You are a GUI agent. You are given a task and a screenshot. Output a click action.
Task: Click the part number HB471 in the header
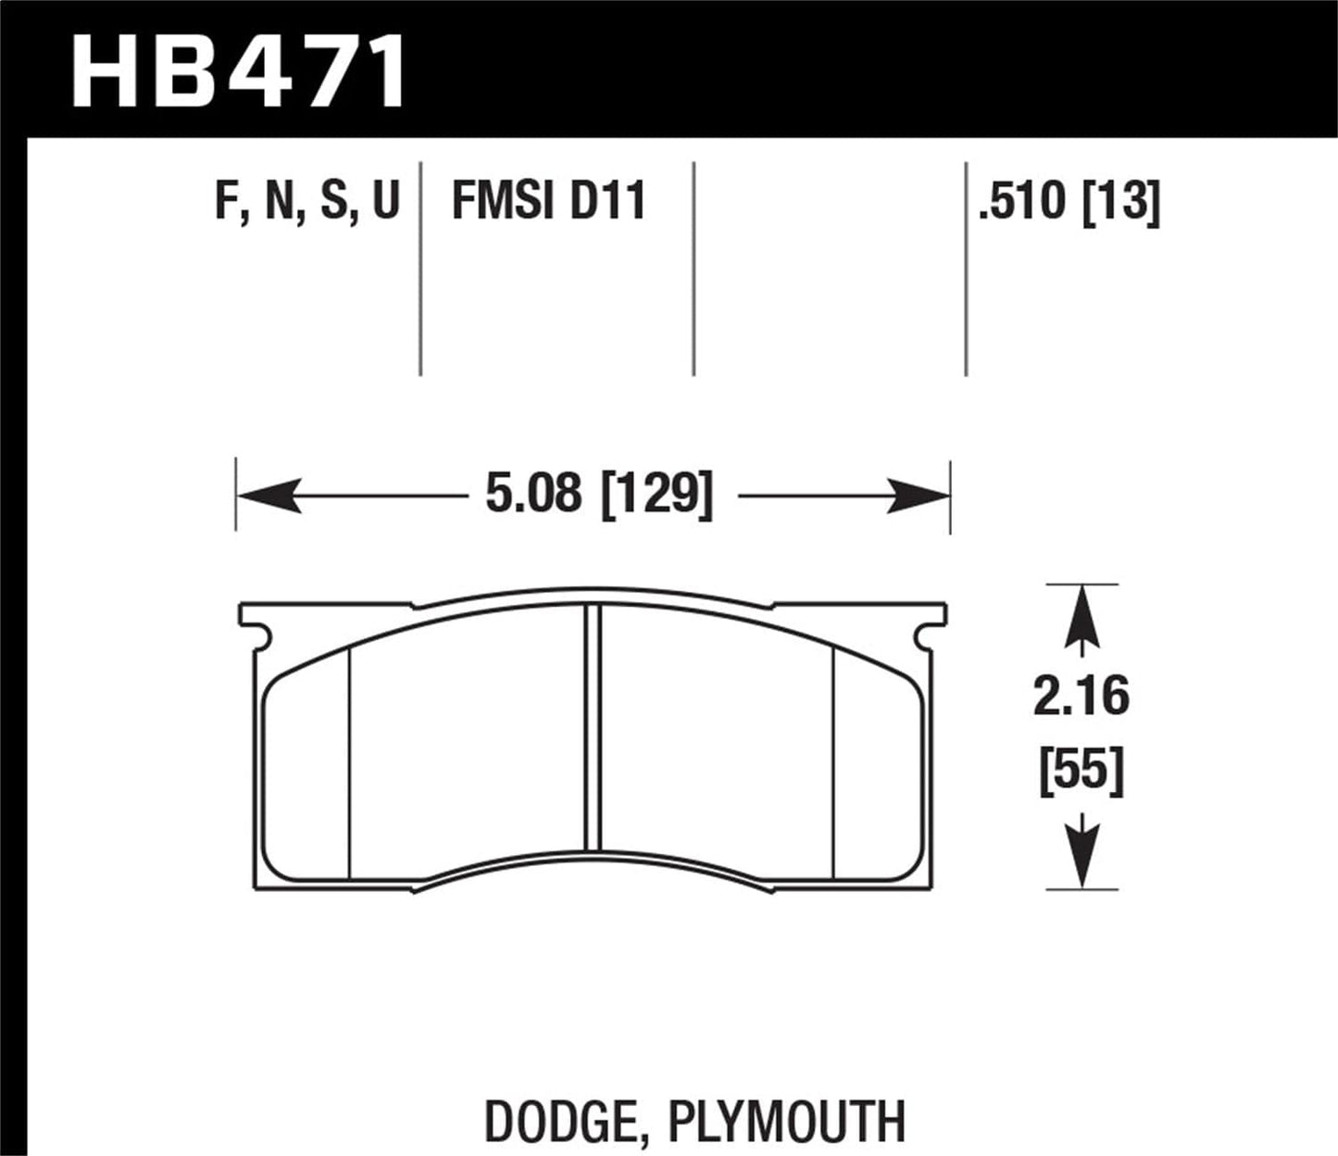point(239,71)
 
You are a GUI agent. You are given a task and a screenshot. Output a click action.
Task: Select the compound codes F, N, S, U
point(306,201)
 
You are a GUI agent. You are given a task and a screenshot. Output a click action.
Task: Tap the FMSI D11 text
point(548,201)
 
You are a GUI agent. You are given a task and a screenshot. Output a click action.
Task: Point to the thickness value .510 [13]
point(1069,201)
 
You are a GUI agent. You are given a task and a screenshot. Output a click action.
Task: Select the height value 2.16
point(1081,697)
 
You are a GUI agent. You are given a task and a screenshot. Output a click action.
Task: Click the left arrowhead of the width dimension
point(269,496)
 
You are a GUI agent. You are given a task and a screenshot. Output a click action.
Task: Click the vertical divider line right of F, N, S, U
point(420,269)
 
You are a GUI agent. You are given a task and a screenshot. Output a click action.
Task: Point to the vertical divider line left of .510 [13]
point(966,269)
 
